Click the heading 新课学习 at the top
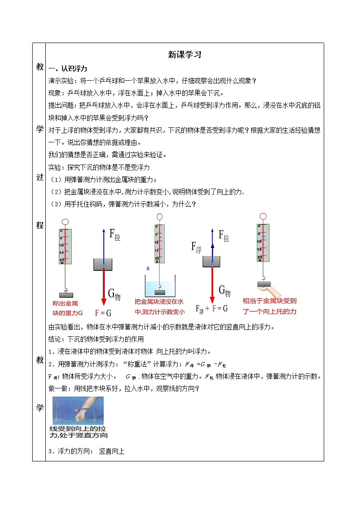184,55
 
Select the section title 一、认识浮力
68,68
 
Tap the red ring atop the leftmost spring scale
65,222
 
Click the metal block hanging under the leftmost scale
66,295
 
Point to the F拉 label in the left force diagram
115,235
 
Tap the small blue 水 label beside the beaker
148,268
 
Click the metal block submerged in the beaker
159,286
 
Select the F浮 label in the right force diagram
196,247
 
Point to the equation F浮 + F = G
211,309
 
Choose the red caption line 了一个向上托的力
269,311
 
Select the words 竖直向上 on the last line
112,451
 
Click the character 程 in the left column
39,225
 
